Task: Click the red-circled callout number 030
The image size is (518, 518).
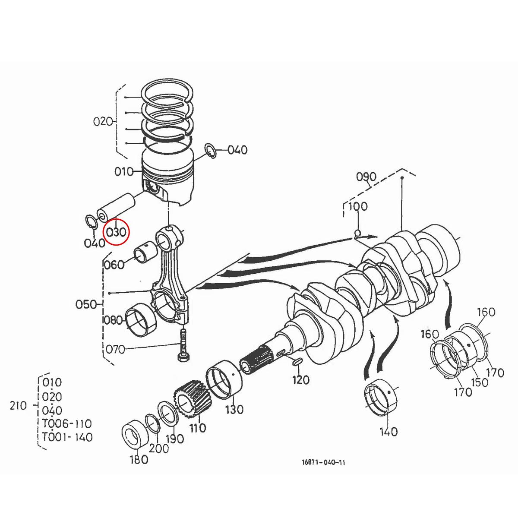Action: pos(116,232)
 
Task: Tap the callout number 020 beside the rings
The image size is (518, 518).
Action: pos(103,121)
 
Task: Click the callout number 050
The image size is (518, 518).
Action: pos(86,304)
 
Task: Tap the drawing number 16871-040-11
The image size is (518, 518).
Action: pos(323,463)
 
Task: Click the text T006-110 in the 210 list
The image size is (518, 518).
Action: pos(67,423)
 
